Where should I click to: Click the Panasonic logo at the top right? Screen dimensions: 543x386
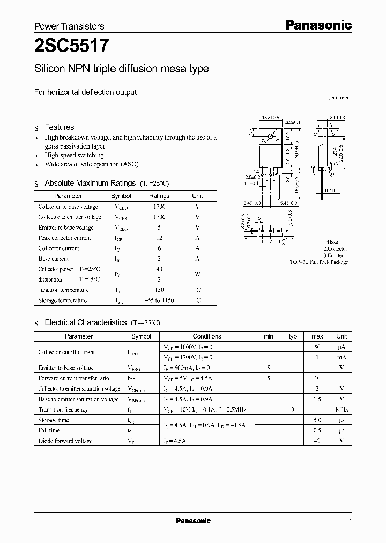(317, 25)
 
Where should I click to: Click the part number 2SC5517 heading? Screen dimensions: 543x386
(72, 47)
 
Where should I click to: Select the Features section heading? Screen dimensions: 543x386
(59, 127)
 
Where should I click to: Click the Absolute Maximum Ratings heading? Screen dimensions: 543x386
(90, 183)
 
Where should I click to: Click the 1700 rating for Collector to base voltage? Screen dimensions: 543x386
(159, 207)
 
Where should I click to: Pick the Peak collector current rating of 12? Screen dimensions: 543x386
(159, 238)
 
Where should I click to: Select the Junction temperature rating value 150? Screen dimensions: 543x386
(159, 290)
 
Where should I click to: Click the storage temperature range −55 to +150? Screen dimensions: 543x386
(159, 300)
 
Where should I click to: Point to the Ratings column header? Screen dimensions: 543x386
(159, 196)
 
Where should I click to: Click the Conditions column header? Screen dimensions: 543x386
(207, 336)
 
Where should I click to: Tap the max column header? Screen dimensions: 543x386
(317, 336)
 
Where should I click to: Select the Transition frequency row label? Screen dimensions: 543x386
(63, 409)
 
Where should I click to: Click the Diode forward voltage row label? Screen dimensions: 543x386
(65, 441)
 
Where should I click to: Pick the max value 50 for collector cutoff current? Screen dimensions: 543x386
(317, 347)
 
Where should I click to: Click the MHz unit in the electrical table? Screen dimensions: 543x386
(342, 409)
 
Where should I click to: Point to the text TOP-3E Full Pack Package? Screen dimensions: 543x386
(319, 262)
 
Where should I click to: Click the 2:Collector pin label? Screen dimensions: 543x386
(335, 249)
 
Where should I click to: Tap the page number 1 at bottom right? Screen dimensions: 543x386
(350, 521)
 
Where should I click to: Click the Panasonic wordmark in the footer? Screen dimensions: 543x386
(194, 521)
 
